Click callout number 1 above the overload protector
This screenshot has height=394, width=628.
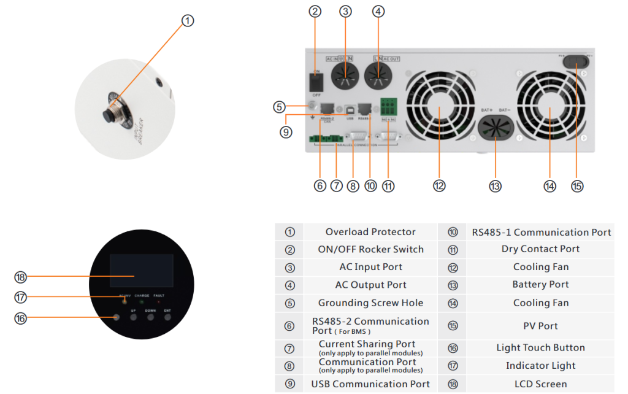pyautogui.click(x=188, y=20)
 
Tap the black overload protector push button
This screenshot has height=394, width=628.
pyautogui.click(x=113, y=115)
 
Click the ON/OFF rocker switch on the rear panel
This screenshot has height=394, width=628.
pyautogui.click(x=316, y=80)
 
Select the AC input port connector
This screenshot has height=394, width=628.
pyautogui.click(x=345, y=77)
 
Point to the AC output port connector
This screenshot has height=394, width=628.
pyautogui.click(x=378, y=77)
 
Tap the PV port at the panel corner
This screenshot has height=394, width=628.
pyautogui.click(x=576, y=61)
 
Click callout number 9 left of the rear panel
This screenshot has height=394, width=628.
pyautogui.click(x=286, y=131)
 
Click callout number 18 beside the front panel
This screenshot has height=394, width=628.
pyautogui.click(x=21, y=277)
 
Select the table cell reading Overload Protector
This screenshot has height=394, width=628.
pyautogui.click(x=370, y=232)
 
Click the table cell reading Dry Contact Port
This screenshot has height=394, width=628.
pyautogui.click(x=540, y=249)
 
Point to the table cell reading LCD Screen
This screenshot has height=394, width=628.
pyautogui.click(x=540, y=384)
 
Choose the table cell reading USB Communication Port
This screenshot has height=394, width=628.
pyautogui.click(x=370, y=384)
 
